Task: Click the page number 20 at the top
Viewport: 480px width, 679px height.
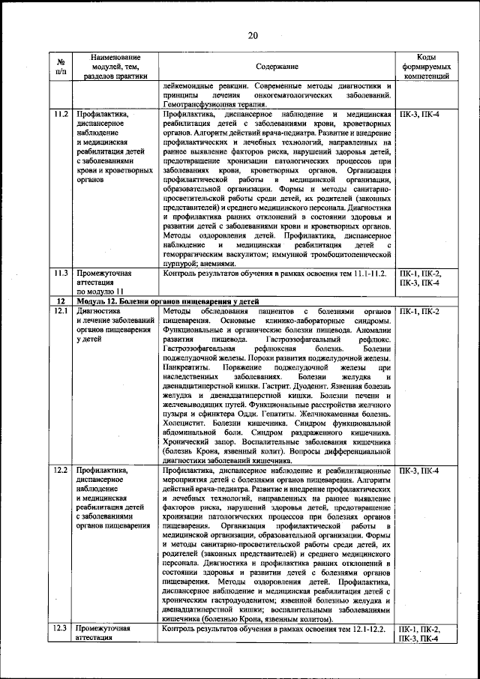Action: click(x=253, y=35)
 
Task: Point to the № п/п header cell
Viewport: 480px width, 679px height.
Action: click(x=60, y=67)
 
